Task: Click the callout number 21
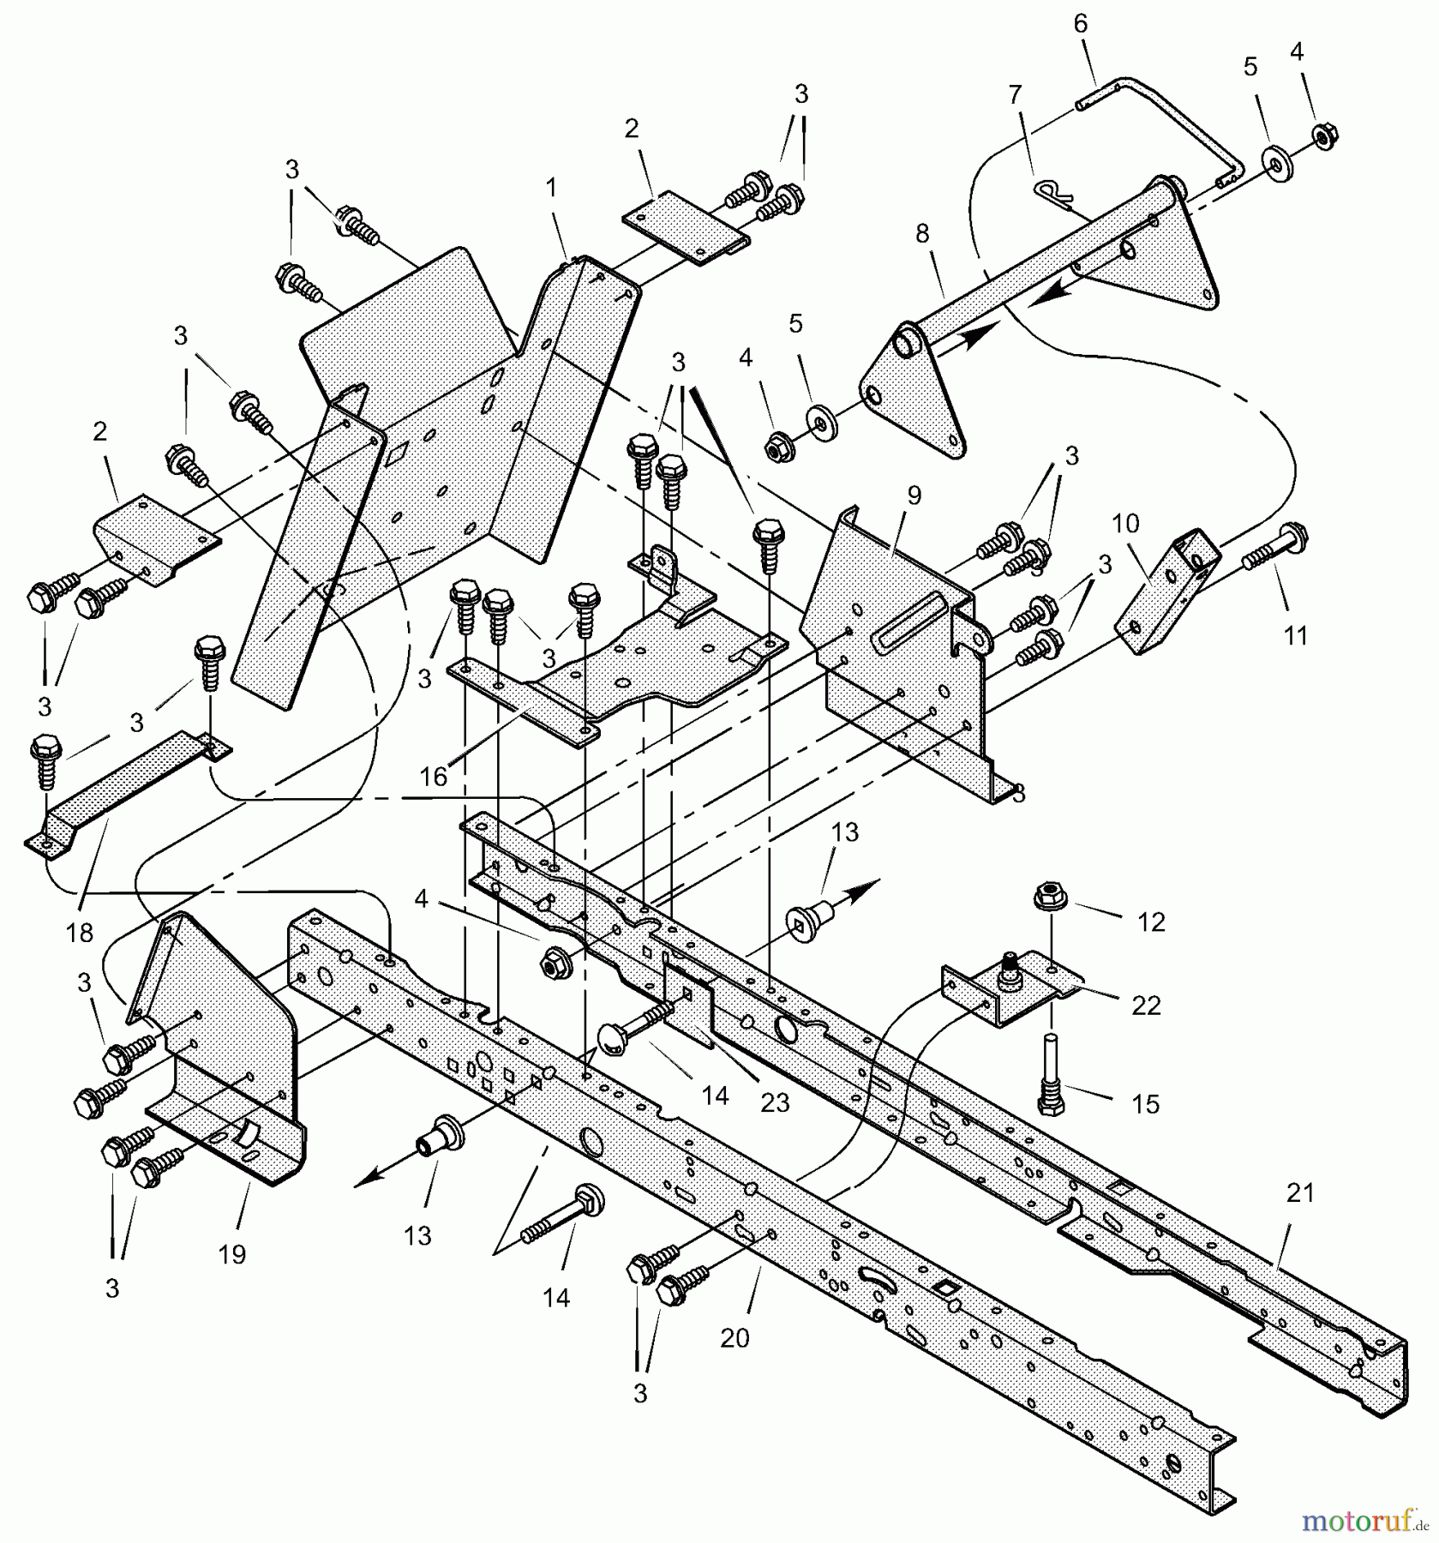click(x=1299, y=1193)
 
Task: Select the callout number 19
click(x=231, y=1254)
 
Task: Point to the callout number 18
click(x=79, y=932)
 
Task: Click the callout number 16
click(x=434, y=777)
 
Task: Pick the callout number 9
click(x=914, y=495)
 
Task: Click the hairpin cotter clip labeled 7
click(x=1052, y=195)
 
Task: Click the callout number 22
click(x=1145, y=1005)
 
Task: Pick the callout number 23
click(x=775, y=1102)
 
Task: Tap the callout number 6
click(x=1080, y=24)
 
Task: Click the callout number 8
click(x=922, y=234)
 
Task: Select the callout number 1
click(x=551, y=186)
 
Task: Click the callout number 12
click(x=1152, y=922)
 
